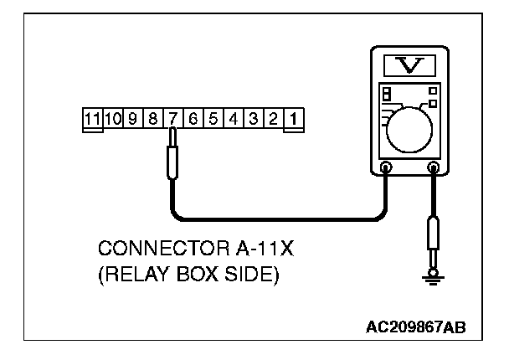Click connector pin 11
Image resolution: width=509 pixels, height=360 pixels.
coord(92,119)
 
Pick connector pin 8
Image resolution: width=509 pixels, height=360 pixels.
coord(152,119)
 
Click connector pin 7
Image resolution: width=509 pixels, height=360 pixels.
coord(172,119)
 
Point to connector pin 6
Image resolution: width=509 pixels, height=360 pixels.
coord(193,119)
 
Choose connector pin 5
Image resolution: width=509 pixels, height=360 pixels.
coord(213,119)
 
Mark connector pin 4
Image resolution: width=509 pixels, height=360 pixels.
coord(233,119)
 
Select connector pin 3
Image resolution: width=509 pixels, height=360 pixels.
coord(253,119)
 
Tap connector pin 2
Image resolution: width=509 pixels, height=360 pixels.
coord(272,119)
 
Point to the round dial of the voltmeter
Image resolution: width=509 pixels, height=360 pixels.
coord(409,126)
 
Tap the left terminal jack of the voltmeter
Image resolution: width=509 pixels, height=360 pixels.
coord(385,168)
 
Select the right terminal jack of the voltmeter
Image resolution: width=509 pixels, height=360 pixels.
coord(434,168)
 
